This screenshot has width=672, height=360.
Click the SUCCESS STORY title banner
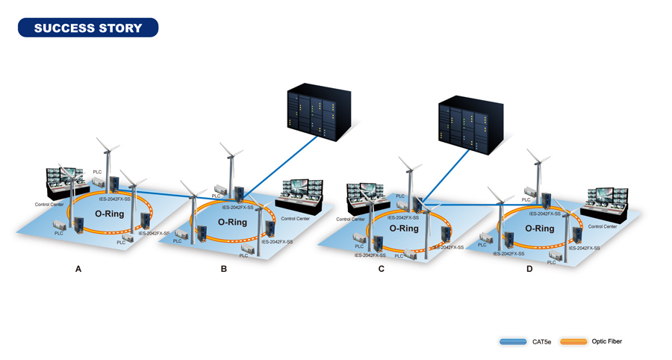coord(88,28)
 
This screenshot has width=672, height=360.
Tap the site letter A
coord(78,269)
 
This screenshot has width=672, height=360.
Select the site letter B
coord(224,269)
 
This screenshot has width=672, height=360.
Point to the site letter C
coord(382,269)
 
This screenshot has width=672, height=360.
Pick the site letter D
coord(529,269)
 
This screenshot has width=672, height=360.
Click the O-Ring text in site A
coord(109,214)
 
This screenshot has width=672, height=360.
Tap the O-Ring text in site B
coord(232,223)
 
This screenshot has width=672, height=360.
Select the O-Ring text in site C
coord(404,229)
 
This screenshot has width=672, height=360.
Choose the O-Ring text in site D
coord(540,229)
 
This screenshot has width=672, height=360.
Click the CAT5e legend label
coord(542,342)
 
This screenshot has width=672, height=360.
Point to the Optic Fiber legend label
coord(606,341)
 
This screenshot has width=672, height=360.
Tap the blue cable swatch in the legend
coord(513,342)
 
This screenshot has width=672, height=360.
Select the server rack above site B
coord(319,112)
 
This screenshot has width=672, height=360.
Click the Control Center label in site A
coord(49,204)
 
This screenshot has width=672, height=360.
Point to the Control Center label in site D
coord(603,226)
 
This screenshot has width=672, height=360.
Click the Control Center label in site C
coord(350,219)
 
